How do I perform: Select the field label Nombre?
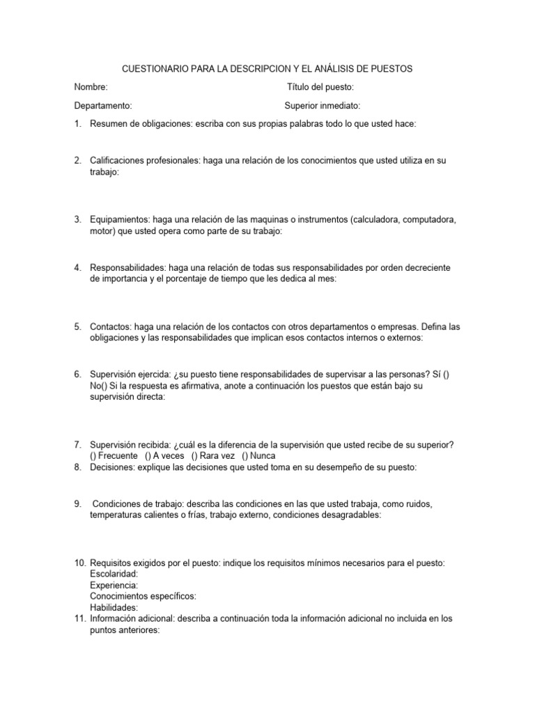(x=91, y=87)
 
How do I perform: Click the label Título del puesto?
(x=320, y=87)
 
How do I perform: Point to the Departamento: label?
(x=103, y=106)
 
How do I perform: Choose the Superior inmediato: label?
(x=323, y=106)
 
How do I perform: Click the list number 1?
(x=77, y=124)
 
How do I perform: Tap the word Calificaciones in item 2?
(x=116, y=161)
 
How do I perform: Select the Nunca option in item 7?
(x=261, y=456)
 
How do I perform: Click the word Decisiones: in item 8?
(x=114, y=467)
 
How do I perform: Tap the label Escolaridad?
(x=114, y=574)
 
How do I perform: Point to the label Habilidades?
(x=114, y=607)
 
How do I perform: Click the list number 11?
(x=79, y=618)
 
